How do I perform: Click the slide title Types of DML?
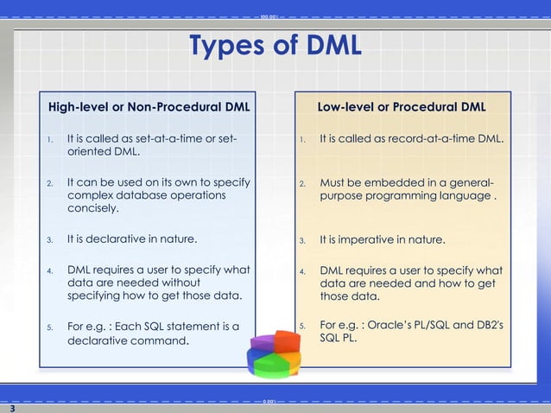pos(275,45)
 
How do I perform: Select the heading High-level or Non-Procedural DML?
pos(149,108)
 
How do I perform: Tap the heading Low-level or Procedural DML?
pos(401,108)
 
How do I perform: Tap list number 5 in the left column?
pos(50,327)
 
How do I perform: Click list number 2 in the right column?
pos(303,184)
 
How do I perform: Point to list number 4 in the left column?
pos(50,270)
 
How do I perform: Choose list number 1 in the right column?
pos(303,139)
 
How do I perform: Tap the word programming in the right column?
pos(402,196)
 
